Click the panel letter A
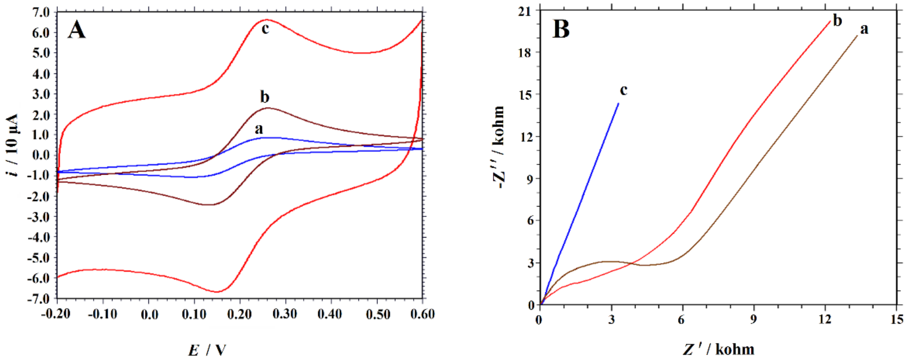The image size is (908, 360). point(76,30)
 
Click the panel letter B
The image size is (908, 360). point(561,29)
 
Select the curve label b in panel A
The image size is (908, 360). point(264,96)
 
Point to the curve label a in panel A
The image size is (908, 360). point(259,129)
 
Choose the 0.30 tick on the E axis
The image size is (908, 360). point(284,314)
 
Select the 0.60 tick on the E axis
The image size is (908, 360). point(422,314)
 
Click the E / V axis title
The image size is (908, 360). point(207,350)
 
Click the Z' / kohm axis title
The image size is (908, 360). point(719,349)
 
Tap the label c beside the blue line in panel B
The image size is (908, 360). point(624,90)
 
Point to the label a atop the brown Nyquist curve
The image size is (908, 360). point(864,29)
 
